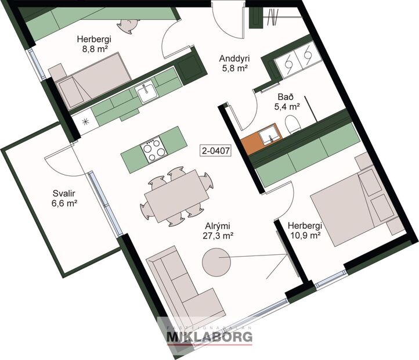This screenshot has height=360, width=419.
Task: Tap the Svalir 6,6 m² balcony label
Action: tap(64, 199)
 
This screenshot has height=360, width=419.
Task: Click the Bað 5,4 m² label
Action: tap(286, 102)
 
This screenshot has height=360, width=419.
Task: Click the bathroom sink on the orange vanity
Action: tap(268, 137)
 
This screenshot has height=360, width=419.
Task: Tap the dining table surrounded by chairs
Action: tap(175, 197)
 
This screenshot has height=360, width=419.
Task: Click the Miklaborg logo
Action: tap(209, 336)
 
